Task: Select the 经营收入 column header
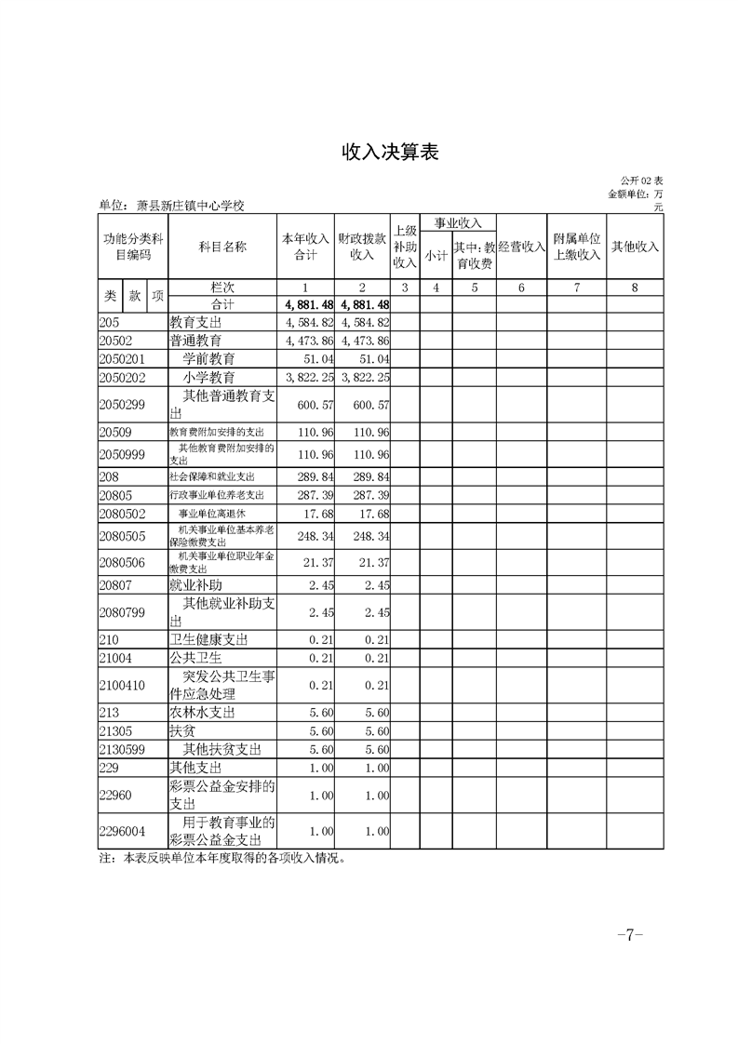(521, 247)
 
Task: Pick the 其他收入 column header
(635, 247)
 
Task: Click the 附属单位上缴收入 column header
(577, 247)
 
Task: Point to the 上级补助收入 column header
(405, 247)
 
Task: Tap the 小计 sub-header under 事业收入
(436, 255)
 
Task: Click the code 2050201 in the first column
(121, 358)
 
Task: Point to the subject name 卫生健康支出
(208, 639)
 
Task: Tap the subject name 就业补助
(195, 585)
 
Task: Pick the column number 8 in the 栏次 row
(635, 288)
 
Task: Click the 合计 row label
(222, 304)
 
